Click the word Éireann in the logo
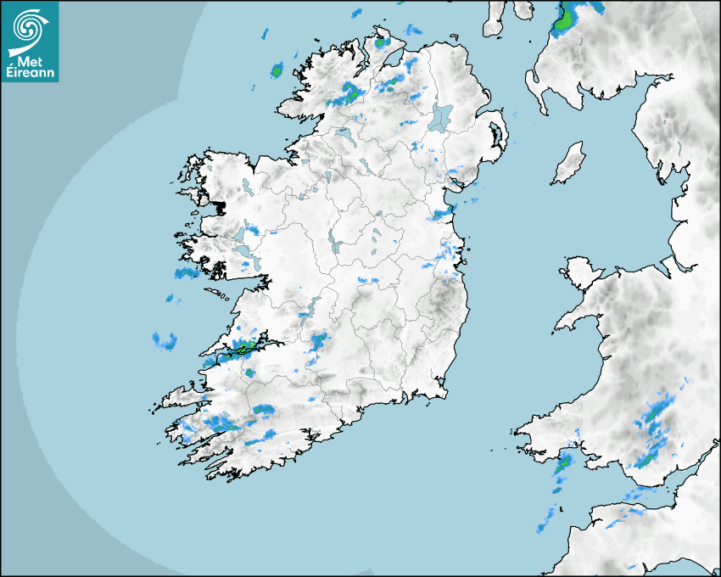pyautogui.click(x=31, y=74)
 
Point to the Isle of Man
pyautogui.click(x=568, y=164)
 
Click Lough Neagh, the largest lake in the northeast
pyautogui.click(x=441, y=116)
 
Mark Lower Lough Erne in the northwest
pyautogui.click(x=344, y=135)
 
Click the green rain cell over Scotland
pyautogui.click(x=563, y=20)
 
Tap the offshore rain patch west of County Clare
pyautogui.click(x=165, y=341)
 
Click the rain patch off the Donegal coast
pyautogui.click(x=277, y=70)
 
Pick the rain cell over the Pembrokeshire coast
pyautogui.click(x=563, y=464)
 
